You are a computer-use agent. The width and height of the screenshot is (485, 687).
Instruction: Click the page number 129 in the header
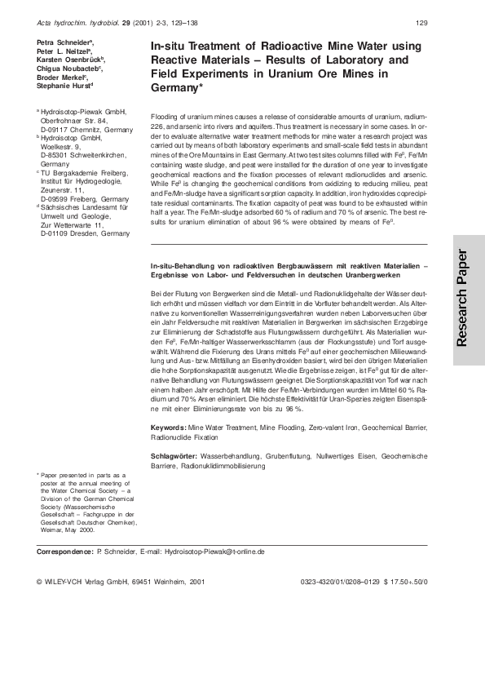pyautogui.click(x=421, y=22)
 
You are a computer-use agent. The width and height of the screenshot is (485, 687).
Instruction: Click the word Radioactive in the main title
pyautogui.click(x=258, y=47)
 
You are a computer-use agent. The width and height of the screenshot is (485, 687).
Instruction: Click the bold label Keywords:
pyautogui.click(x=169, y=428)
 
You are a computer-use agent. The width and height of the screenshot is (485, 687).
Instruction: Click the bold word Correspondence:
pyautogui.click(x=65, y=552)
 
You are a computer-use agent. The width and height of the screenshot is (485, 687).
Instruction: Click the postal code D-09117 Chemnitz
pyautogui.click(x=74, y=130)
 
